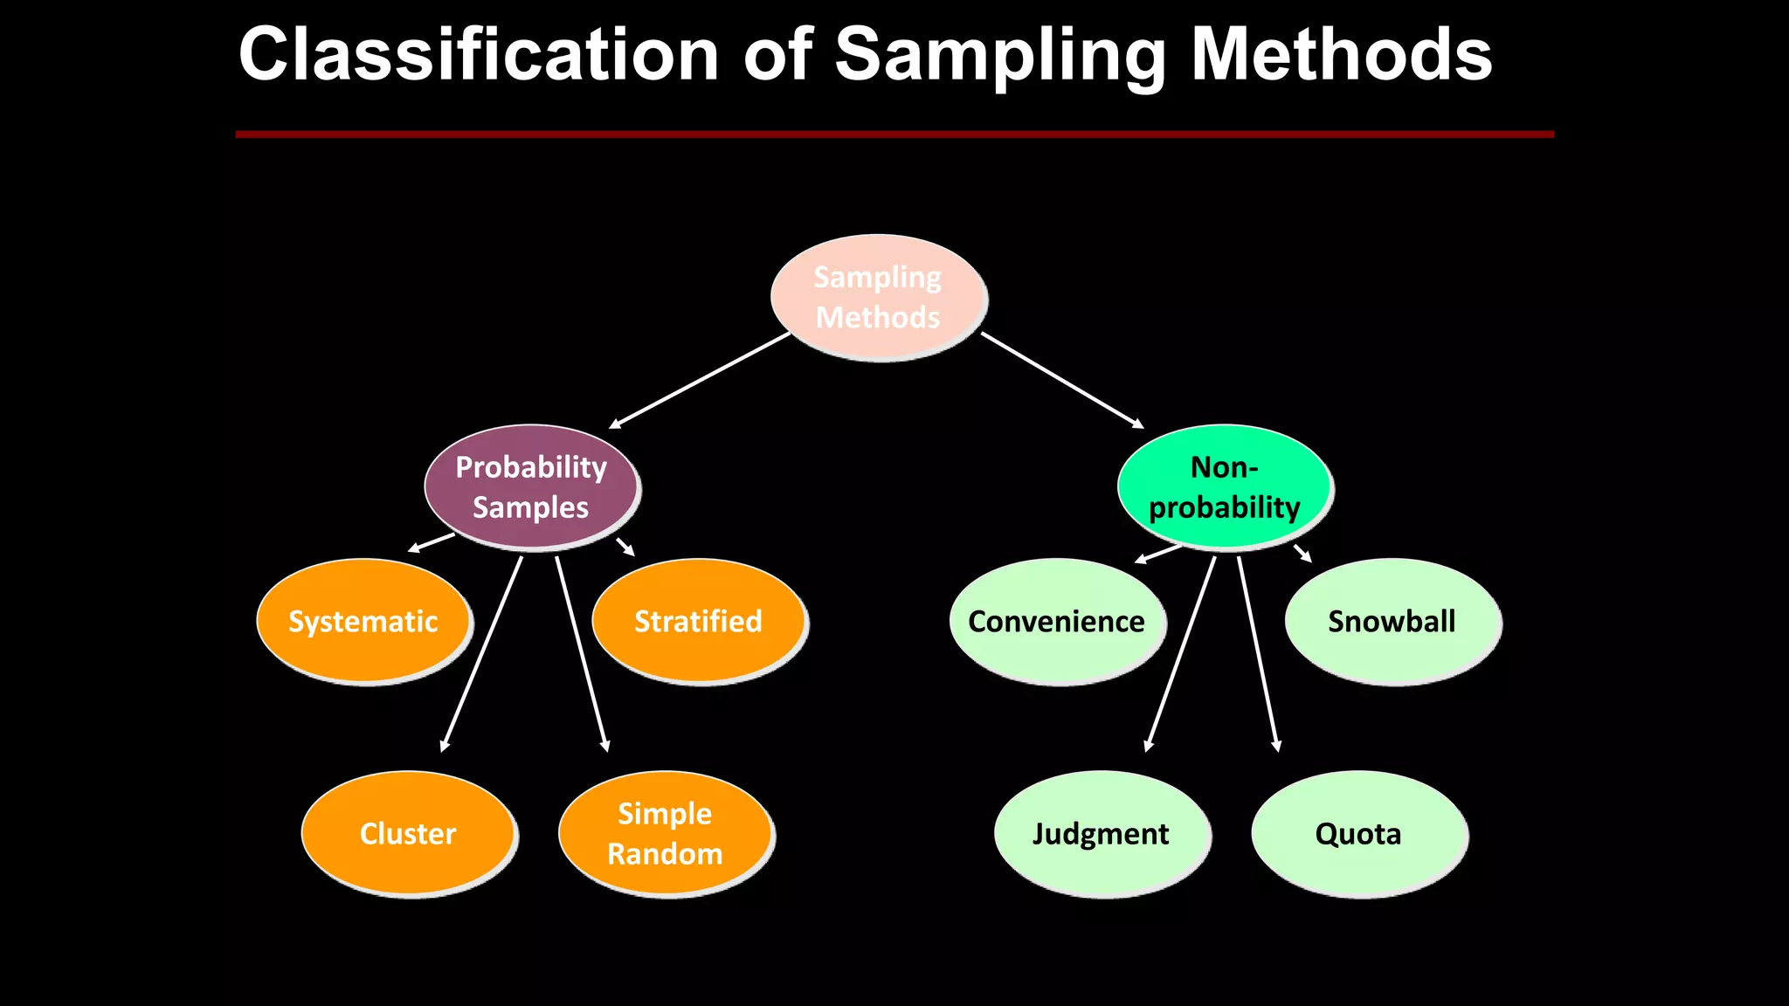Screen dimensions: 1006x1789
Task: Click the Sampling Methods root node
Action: (x=879, y=297)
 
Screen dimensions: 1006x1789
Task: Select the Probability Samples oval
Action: (x=531, y=487)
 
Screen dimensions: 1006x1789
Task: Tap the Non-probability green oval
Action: (x=1224, y=487)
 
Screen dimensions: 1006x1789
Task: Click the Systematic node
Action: (x=363, y=621)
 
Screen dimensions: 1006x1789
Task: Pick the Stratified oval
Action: (x=698, y=621)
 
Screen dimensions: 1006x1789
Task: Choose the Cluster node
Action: (x=408, y=833)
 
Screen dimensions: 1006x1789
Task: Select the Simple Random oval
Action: (x=665, y=833)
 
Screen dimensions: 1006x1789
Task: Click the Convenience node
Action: (x=1056, y=621)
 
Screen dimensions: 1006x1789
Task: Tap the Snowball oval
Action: (x=1392, y=621)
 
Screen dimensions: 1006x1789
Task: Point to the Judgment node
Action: (x=1101, y=833)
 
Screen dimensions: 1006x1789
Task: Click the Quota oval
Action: (x=1358, y=833)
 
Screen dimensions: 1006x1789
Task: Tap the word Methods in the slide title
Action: (x=1342, y=54)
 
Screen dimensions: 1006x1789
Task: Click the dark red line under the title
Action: (x=894, y=134)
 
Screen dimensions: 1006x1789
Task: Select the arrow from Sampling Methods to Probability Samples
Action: (x=700, y=380)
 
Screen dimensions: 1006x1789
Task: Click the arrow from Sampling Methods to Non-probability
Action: (x=1062, y=380)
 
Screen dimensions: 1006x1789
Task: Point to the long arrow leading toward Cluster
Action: (x=482, y=653)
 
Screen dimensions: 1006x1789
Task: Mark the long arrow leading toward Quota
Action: (x=1258, y=653)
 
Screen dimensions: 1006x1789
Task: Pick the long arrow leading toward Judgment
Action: (x=1180, y=653)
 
